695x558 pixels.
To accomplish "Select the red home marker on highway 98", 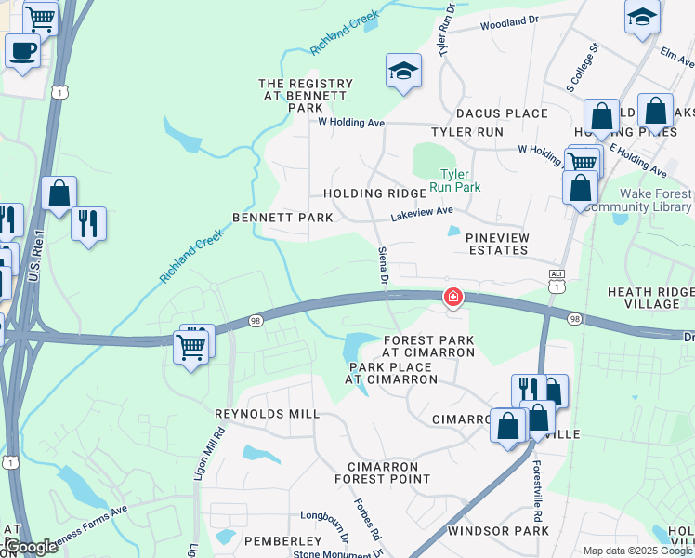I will point(452,298).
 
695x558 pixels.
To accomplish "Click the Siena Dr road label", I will point(382,265).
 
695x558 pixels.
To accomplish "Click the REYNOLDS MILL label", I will point(254,414).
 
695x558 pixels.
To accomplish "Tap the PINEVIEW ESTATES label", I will point(498,244).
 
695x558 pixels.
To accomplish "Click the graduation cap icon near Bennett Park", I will point(403,71).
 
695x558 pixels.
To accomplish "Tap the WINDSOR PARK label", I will point(498,531).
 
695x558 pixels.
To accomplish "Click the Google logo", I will point(30,547).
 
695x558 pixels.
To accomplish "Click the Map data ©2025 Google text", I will point(636,550).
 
